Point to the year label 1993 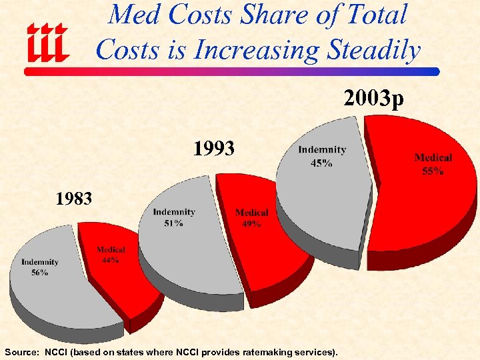point(213,148)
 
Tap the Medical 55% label point(433,164)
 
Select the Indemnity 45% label point(322,156)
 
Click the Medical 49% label point(251,218)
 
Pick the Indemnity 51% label point(174,217)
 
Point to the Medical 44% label point(110,255)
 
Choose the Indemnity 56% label point(40,267)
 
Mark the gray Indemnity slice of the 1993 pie point(187,253)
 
